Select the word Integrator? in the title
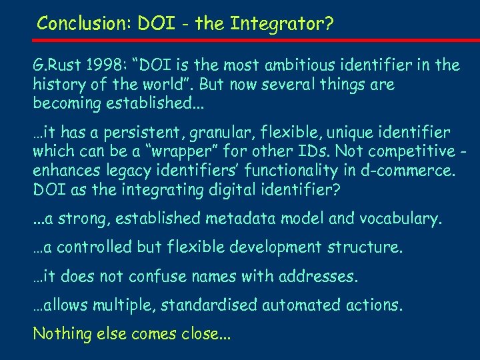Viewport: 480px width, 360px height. pyautogui.click(x=282, y=24)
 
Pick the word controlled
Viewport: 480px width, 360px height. pyautogui.click(x=98, y=247)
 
